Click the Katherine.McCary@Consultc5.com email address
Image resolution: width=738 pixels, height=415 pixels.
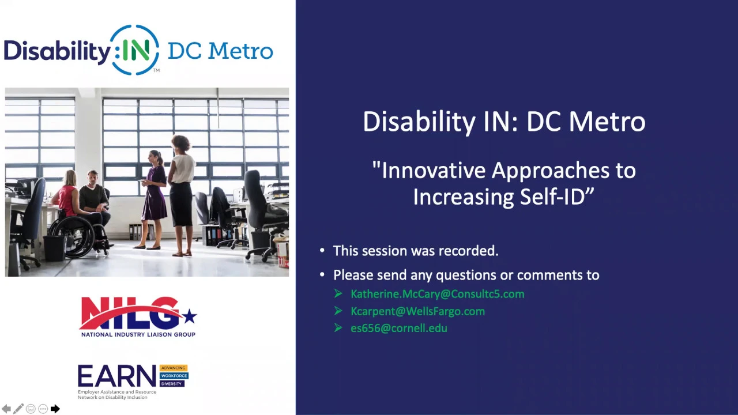tap(437, 294)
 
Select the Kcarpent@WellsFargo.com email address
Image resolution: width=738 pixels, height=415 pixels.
tap(417, 311)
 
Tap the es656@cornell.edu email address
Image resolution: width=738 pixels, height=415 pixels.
tap(398, 328)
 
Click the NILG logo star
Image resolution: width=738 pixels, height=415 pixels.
tap(190, 317)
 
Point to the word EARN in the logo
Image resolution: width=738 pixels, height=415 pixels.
tap(116, 376)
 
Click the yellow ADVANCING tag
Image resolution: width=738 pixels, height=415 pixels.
tap(174, 368)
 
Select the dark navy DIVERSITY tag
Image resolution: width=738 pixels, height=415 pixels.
tap(172, 384)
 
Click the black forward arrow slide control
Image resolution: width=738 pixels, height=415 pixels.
tap(55, 409)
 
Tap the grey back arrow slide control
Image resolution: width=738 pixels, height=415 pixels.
tap(6, 409)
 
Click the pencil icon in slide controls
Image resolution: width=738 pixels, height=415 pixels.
tap(18, 409)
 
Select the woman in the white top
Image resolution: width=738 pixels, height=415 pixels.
tap(181, 194)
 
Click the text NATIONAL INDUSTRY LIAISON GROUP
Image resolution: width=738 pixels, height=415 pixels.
tap(138, 335)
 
